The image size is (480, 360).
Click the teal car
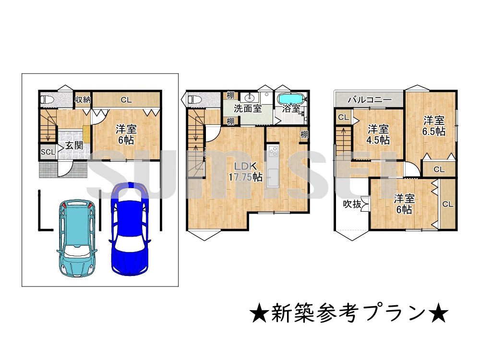(77, 238)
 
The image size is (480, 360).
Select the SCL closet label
(48, 152)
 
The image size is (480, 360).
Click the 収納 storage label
(83, 100)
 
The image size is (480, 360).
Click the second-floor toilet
(194, 100)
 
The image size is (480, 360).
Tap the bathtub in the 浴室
(291, 98)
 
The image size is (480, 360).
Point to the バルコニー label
(369, 100)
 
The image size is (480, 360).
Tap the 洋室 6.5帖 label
(434, 125)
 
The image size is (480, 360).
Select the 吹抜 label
(351, 204)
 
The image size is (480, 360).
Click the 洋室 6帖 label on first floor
(126, 134)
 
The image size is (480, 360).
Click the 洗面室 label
(248, 108)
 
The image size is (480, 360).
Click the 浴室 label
(291, 108)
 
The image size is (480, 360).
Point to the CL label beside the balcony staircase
(343, 118)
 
